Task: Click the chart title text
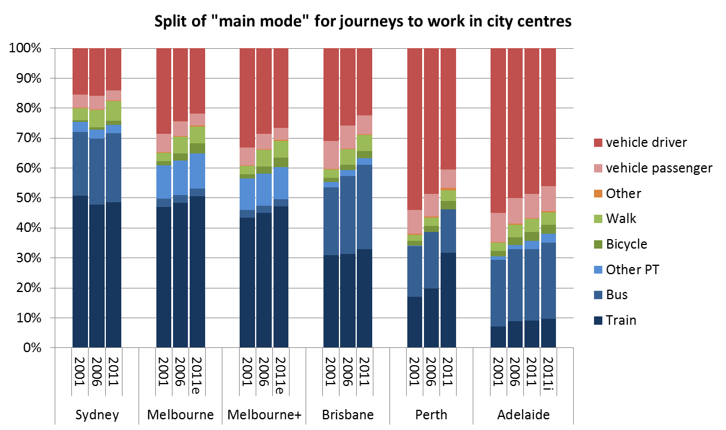pyautogui.click(x=363, y=22)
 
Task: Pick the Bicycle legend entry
pyautogui.click(x=627, y=244)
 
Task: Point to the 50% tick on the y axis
pyautogui.click(x=26, y=198)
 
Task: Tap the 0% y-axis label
pyautogui.click(x=29, y=348)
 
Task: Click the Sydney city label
pyautogui.click(x=97, y=414)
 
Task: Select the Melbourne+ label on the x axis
pyautogui.click(x=264, y=414)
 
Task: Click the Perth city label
pyautogui.click(x=432, y=414)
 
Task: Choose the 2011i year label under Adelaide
pyautogui.click(x=549, y=372)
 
